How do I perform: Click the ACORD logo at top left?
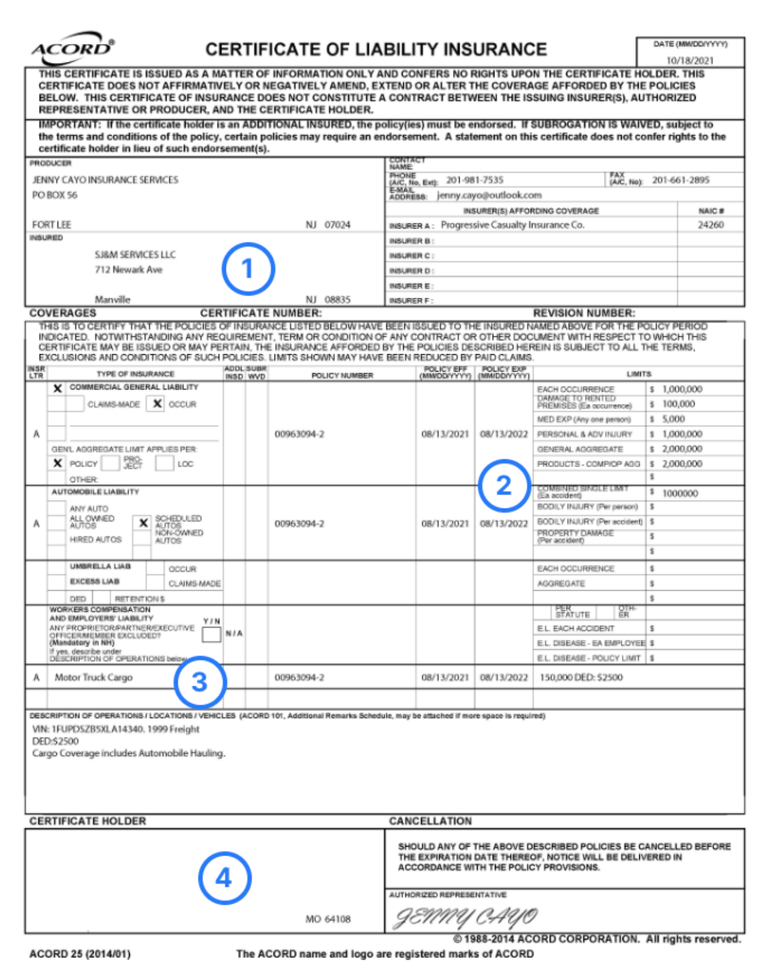pyautogui.click(x=72, y=47)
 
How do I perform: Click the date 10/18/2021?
pyautogui.click(x=690, y=60)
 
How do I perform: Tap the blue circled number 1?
pyautogui.click(x=248, y=268)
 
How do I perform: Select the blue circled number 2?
pyautogui.click(x=504, y=485)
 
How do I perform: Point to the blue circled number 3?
pyautogui.click(x=200, y=682)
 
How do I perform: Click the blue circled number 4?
pyautogui.click(x=224, y=878)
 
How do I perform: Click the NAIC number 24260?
pyautogui.click(x=711, y=225)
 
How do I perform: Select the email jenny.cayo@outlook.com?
pyautogui.click(x=489, y=195)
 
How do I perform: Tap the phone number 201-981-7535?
pyautogui.click(x=475, y=180)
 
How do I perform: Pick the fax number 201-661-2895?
pyautogui.click(x=681, y=180)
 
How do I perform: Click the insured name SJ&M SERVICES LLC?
pyautogui.click(x=135, y=255)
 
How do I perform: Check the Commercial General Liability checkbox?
pyautogui.click(x=58, y=388)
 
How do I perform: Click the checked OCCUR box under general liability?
pyautogui.click(x=157, y=404)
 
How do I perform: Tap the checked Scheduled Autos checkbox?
pyautogui.click(x=143, y=523)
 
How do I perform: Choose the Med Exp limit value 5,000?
pyautogui.click(x=673, y=419)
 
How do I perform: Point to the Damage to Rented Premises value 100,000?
pyautogui.click(x=678, y=404)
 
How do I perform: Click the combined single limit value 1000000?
pyautogui.click(x=680, y=493)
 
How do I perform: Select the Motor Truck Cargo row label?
pyautogui.click(x=94, y=677)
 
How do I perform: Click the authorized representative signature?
pyautogui.click(x=466, y=917)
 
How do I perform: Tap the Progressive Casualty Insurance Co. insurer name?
pyautogui.click(x=512, y=225)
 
